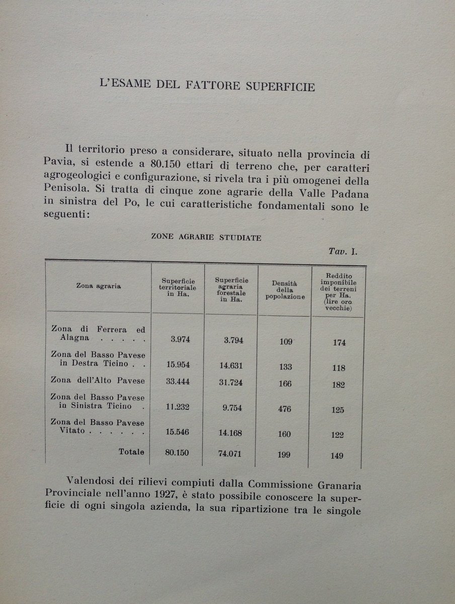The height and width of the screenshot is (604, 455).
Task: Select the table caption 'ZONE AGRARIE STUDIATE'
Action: (206, 238)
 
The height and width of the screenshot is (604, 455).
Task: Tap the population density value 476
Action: (285, 409)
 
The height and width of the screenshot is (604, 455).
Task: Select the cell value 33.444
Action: (177, 382)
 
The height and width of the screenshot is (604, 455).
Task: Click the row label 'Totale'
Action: (131, 452)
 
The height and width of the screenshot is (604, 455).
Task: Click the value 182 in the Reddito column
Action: (338, 385)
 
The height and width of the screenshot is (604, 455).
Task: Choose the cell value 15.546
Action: (177, 432)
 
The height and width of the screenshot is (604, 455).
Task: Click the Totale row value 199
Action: (285, 455)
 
